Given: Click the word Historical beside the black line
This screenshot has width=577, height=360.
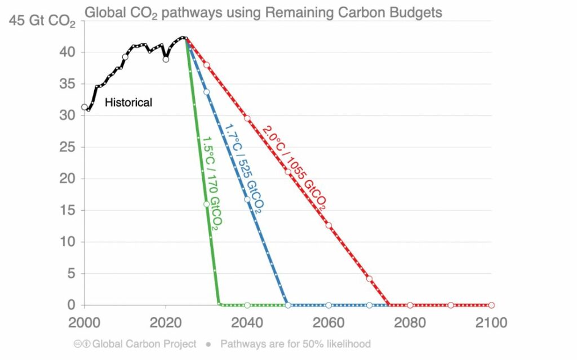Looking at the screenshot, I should tap(128, 103).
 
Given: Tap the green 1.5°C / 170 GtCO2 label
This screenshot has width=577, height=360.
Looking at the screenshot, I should tap(211, 182).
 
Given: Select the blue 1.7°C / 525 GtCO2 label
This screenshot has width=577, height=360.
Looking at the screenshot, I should tap(243, 168).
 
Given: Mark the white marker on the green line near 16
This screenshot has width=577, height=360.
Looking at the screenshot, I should tap(206, 204).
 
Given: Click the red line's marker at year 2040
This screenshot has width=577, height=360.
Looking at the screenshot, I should tap(247, 118).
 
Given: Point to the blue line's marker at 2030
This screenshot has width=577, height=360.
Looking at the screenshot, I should tap(206, 92).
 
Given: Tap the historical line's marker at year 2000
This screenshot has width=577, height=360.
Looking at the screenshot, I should tap(85, 107).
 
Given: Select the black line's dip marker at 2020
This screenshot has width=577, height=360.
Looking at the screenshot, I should tap(166, 59).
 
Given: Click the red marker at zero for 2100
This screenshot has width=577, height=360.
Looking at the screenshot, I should tap(491, 305).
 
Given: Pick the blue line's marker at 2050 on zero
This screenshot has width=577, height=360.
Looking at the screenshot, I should tap(288, 305).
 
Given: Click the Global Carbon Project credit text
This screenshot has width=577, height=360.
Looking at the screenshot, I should tap(144, 344).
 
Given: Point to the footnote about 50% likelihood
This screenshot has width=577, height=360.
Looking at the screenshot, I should tap(295, 344).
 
